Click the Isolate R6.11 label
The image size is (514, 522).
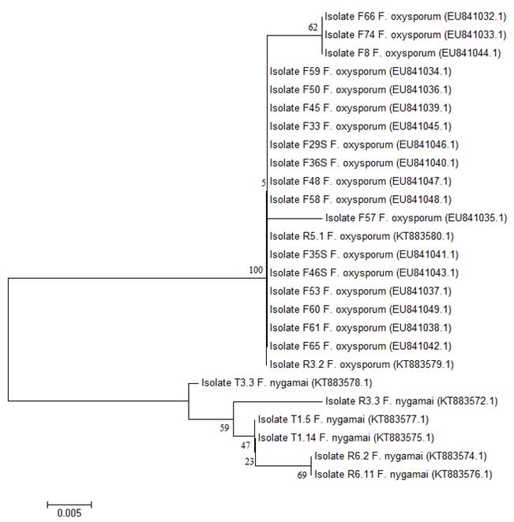pos(403,475)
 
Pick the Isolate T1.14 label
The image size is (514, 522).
pos(347,438)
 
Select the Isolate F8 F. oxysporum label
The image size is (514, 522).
pos(413,53)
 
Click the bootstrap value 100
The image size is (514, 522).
pos(256,270)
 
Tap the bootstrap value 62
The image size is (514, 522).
pos(313,28)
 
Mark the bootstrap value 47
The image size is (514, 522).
pos(246,446)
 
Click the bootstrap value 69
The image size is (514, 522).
pos(302,476)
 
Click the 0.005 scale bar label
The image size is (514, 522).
pos(69,512)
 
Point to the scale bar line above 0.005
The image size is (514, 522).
pos(69,502)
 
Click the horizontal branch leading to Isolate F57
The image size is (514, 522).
pos(295,217)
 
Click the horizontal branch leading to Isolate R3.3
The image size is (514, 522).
pos(278,401)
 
